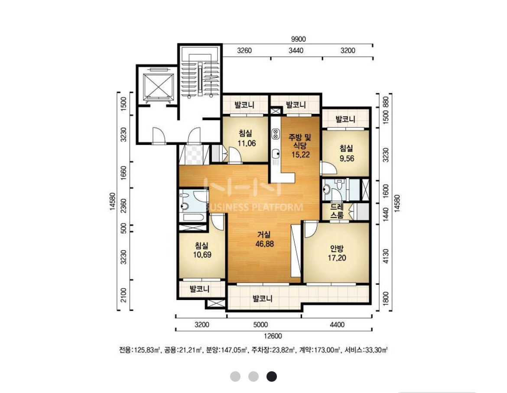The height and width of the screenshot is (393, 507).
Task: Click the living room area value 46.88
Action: point(264,244)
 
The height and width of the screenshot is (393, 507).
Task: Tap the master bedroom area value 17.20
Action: point(337,258)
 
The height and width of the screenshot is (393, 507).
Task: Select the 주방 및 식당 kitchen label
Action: point(300,142)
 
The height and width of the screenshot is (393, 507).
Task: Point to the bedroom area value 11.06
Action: point(247,143)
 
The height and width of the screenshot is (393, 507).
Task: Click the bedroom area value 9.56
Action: point(347,159)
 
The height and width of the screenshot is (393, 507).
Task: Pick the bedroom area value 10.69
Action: point(202,254)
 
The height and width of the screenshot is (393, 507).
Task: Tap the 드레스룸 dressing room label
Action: point(337,211)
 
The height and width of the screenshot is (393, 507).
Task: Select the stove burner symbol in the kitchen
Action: point(276,134)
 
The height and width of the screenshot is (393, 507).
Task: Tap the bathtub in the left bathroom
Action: point(192,217)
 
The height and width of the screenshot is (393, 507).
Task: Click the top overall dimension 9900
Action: point(298,39)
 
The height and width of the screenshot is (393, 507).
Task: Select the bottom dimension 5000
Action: point(260,324)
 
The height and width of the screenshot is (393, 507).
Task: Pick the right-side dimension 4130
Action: point(385,256)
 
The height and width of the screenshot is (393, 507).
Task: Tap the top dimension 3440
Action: point(296,50)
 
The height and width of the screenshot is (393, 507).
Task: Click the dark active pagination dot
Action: point(272,376)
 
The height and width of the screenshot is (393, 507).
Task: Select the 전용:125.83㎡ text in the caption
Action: point(140,350)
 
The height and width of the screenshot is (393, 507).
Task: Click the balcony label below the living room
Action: point(263,298)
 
